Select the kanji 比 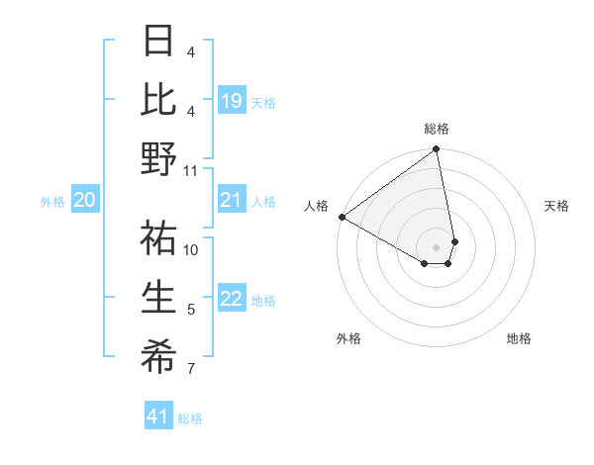point(158,100)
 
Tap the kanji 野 point(158,159)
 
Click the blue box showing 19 point(232,100)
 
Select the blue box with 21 point(232,201)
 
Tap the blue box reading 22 point(232,299)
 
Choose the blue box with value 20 point(84,201)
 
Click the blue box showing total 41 point(158,417)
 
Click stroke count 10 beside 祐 point(191,249)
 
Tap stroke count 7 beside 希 point(191,370)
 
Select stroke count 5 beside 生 point(191,311)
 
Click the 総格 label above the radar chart point(437,129)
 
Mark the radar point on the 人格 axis point(342,216)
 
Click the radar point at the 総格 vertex point(437,150)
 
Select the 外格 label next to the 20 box point(52,202)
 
